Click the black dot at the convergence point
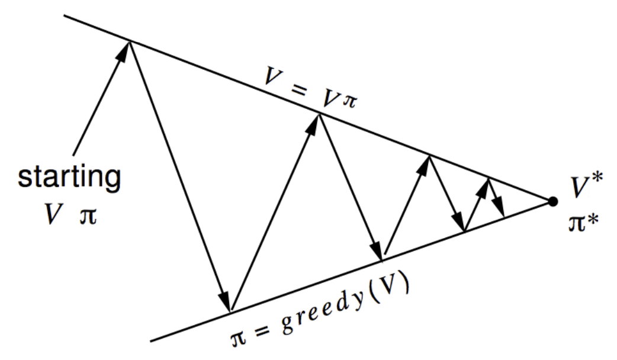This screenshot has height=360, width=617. click(x=553, y=202)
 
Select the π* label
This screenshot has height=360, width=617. click(x=583, y=224)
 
